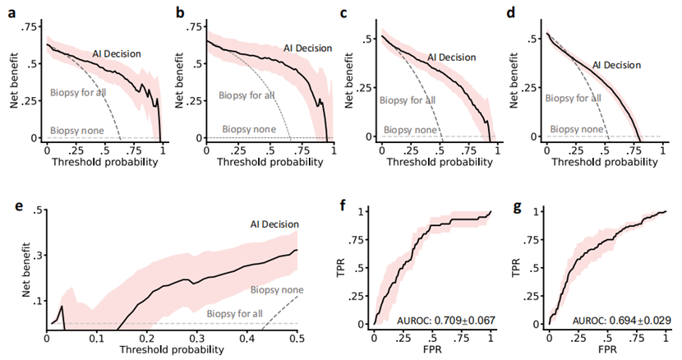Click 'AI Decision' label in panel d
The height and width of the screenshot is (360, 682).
(616, 64)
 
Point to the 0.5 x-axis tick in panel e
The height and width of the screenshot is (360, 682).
(298, 337)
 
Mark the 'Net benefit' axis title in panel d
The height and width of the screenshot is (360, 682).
(511, 85)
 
